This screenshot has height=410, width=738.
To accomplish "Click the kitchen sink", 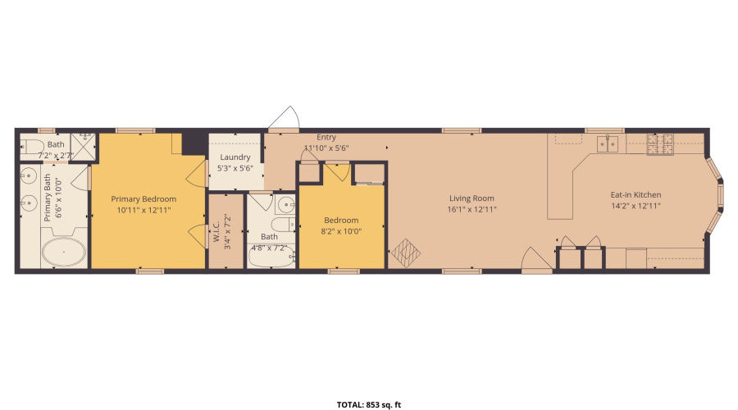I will [608, 144].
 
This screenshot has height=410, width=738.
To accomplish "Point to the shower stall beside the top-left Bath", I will [83, 145].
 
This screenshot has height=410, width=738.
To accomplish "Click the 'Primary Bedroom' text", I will [143, 198].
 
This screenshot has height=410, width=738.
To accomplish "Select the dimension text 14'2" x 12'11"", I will [635, 206].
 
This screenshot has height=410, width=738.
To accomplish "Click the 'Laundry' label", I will [235, 157].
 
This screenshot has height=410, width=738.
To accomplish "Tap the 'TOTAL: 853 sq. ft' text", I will [369, 404].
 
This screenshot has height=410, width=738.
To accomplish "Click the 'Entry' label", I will [326, 138].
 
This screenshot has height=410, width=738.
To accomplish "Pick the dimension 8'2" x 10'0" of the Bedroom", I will [341, 232].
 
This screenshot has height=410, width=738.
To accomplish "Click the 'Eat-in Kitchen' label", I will [635, 195].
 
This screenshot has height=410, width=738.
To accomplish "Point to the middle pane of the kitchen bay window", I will [720, 198].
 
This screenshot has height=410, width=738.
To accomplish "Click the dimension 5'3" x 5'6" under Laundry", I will [235, 168].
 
